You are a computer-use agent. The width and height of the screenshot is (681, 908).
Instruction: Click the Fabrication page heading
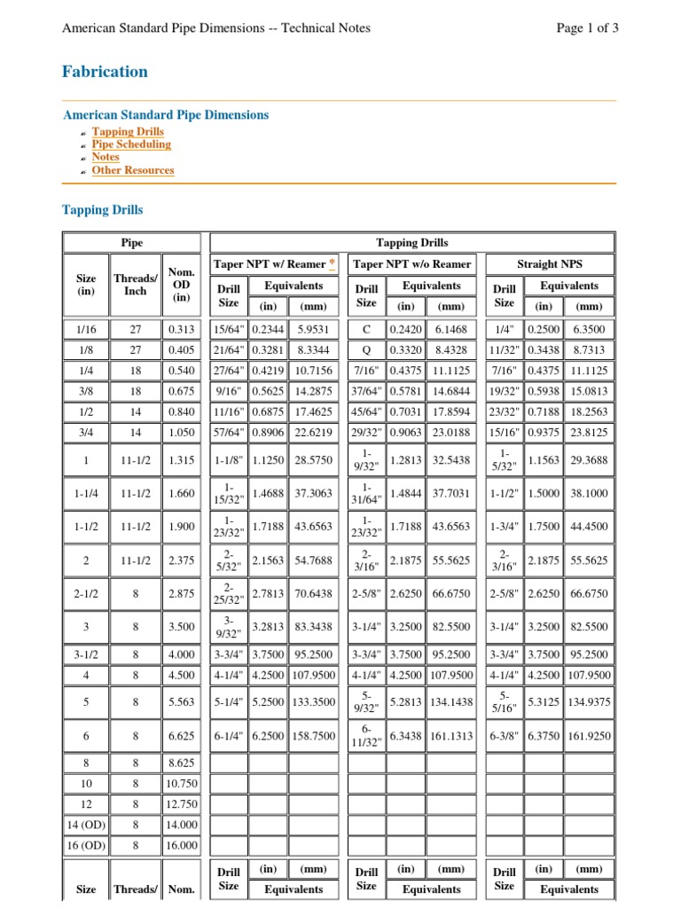pyautogui.click(x=105, y=72)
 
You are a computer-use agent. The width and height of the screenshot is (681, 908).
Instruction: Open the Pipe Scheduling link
pyautogui.click(x=131, y=145)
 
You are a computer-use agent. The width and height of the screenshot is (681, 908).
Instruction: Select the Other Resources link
pyautogui.click(x=133, y=170)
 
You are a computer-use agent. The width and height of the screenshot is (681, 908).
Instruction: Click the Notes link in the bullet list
pyautogui.click(x=106, y=157)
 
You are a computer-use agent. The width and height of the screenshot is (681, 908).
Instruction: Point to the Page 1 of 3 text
pyautogui.click(x=587, y=27)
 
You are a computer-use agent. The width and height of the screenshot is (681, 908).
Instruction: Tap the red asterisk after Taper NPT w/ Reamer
pyautogui.click(x=332, y=264)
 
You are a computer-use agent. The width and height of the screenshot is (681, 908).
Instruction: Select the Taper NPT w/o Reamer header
pyautogui.click(x=412, y=264)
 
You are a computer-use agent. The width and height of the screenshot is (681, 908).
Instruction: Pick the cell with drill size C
pyautogui.click(x=366, y=330)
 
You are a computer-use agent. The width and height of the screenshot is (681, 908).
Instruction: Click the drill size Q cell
pyautogui.click(x=366, y=350)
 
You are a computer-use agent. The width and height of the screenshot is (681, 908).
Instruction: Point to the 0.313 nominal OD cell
pyautogui.click(x=181, y=330)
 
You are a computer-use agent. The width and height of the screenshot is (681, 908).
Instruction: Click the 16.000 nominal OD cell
pyautogui.click(x=181, y=845)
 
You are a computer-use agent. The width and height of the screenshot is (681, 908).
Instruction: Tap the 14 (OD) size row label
pyautogui.click(x=86, y=825)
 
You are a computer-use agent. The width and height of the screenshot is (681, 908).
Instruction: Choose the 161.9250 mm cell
pyautogui.click(x=589, y=736)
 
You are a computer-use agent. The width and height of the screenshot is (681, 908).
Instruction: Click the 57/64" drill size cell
pyautogui.click(x=229, y=432)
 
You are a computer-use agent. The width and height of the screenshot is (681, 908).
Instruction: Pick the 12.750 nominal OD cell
pyautogui.click(x=181, y=804)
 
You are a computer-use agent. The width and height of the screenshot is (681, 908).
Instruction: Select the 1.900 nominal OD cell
pyautogui.click(x=181, y=527)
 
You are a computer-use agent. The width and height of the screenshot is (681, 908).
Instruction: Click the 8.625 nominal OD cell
pyautogui.click(x=181, y=763)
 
